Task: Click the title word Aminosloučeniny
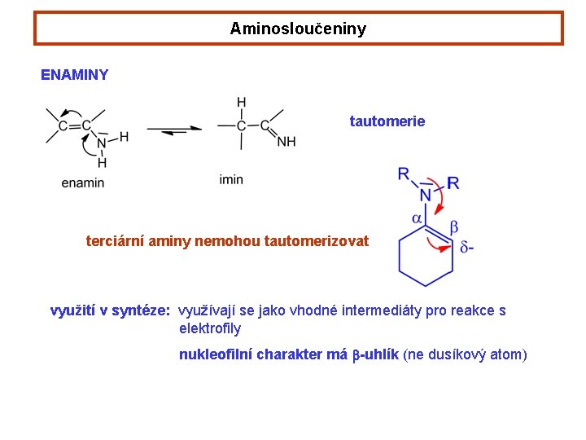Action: click(298, 29)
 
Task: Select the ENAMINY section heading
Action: click(74, 75)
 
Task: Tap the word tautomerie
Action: click(387, 121)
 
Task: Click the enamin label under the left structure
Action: click(83, 183)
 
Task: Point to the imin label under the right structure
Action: click(231, 179)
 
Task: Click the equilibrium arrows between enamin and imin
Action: click(174, 130)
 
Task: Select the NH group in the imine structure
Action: click(286, 142)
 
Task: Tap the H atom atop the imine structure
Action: click(242, 103)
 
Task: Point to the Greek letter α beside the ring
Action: click(416, 218)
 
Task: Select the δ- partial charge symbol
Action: click(467, 247)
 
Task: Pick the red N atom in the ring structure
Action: click(426, 196)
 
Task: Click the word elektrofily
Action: click(210, 329)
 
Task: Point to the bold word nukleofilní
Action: click(215, 354)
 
